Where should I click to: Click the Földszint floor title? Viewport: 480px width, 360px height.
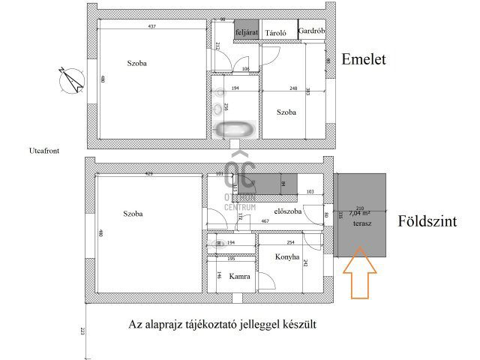point(429,222)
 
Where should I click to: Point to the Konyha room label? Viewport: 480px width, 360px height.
point(287,257)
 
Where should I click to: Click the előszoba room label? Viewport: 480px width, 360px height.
point(288,211)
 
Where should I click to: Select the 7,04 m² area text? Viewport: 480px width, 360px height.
point(360,213)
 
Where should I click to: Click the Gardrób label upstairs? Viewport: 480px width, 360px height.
point(310,31)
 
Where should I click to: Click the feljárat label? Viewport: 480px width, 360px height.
point(246,33)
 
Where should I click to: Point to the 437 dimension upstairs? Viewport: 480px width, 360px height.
point(150,27)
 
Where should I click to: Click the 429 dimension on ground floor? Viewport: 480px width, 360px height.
point(148,174)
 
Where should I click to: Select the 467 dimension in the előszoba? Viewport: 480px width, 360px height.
point(265,221)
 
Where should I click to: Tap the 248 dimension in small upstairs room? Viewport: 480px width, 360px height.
point(283,88)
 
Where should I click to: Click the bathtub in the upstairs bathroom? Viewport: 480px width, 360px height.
point(235,130)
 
